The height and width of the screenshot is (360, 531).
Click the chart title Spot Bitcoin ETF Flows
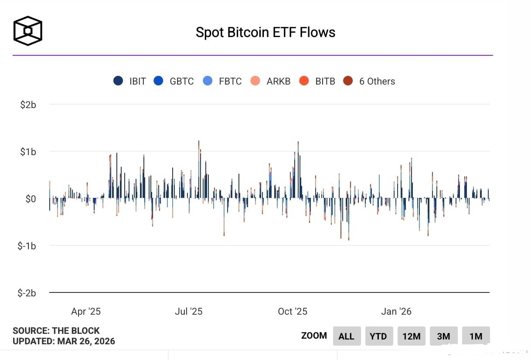[x=265, y=32]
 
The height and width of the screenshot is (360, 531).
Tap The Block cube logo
[x=28, y=31]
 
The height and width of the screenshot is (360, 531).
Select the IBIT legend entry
[x=130, y=81]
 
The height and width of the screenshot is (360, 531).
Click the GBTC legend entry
[x=174, y=81]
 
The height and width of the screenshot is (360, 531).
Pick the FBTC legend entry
[x=222, y=81]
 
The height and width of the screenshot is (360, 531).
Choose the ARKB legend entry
[x=271, y=81]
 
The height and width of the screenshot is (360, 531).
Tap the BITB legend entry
[x=317, y=81]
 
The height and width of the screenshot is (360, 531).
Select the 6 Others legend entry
[x=369, y=81]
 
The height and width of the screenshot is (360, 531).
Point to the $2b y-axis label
[x=28, y=105]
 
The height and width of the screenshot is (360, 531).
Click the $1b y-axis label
[x=28, y=152]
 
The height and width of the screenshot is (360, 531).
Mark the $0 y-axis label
[x=30, y=199]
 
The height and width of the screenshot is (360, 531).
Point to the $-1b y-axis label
[x=27, y=246]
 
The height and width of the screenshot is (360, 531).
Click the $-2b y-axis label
[x=27, y=293]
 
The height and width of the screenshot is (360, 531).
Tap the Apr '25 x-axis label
[x=86, y=311]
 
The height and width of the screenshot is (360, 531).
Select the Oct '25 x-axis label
[x=293, y=311]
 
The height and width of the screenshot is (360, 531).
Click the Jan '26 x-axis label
[x=396, y=311]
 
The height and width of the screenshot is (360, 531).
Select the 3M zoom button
[x=443, y=336]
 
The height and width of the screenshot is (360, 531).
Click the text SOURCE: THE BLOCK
[x=56, y=331]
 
